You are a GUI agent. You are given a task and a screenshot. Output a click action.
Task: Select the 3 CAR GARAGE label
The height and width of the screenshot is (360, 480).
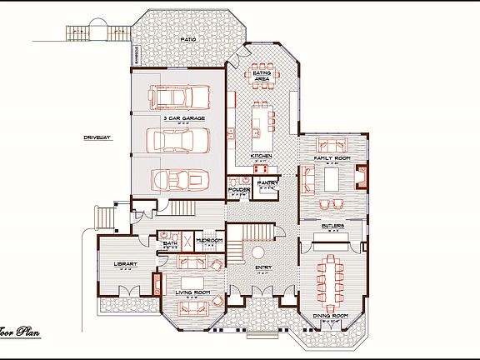[x=178, y=119]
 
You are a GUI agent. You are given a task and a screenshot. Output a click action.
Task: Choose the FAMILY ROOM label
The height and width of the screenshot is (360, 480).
[x=331, y=157]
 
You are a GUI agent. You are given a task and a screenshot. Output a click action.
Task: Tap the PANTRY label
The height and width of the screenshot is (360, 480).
[x=267, y=182]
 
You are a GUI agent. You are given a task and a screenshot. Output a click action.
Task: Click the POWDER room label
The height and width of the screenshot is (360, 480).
[x=239, y=190]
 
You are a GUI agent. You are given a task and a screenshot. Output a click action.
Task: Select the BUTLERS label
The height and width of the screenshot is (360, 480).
[x=333, y=225]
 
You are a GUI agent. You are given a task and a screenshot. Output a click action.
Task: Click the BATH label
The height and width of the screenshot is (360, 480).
[x=169, y=244]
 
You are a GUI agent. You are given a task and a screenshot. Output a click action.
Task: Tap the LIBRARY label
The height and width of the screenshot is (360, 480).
[x=124, y=265]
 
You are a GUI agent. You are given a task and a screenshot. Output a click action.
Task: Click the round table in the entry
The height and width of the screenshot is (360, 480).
[x=258, y=252]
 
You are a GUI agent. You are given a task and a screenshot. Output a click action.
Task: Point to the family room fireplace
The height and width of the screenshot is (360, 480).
[x=361, y=177]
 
